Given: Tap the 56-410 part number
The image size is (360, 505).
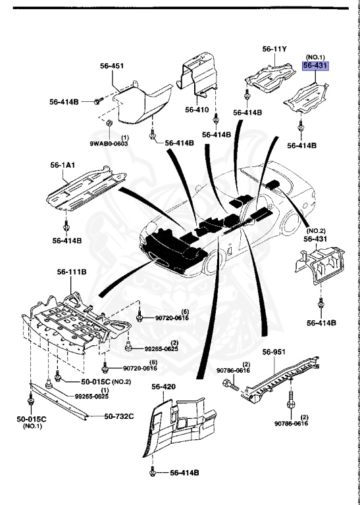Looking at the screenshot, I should [x=197, y=110].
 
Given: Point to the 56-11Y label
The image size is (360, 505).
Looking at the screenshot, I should [x=276, y=49].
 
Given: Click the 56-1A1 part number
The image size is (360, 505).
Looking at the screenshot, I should [x=62, y=167].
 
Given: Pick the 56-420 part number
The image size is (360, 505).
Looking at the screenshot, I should [x=164, y=387].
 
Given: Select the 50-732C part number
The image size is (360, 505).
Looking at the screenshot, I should [x=118, y=416].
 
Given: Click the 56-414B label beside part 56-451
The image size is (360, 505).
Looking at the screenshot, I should [x=64, y=102].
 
